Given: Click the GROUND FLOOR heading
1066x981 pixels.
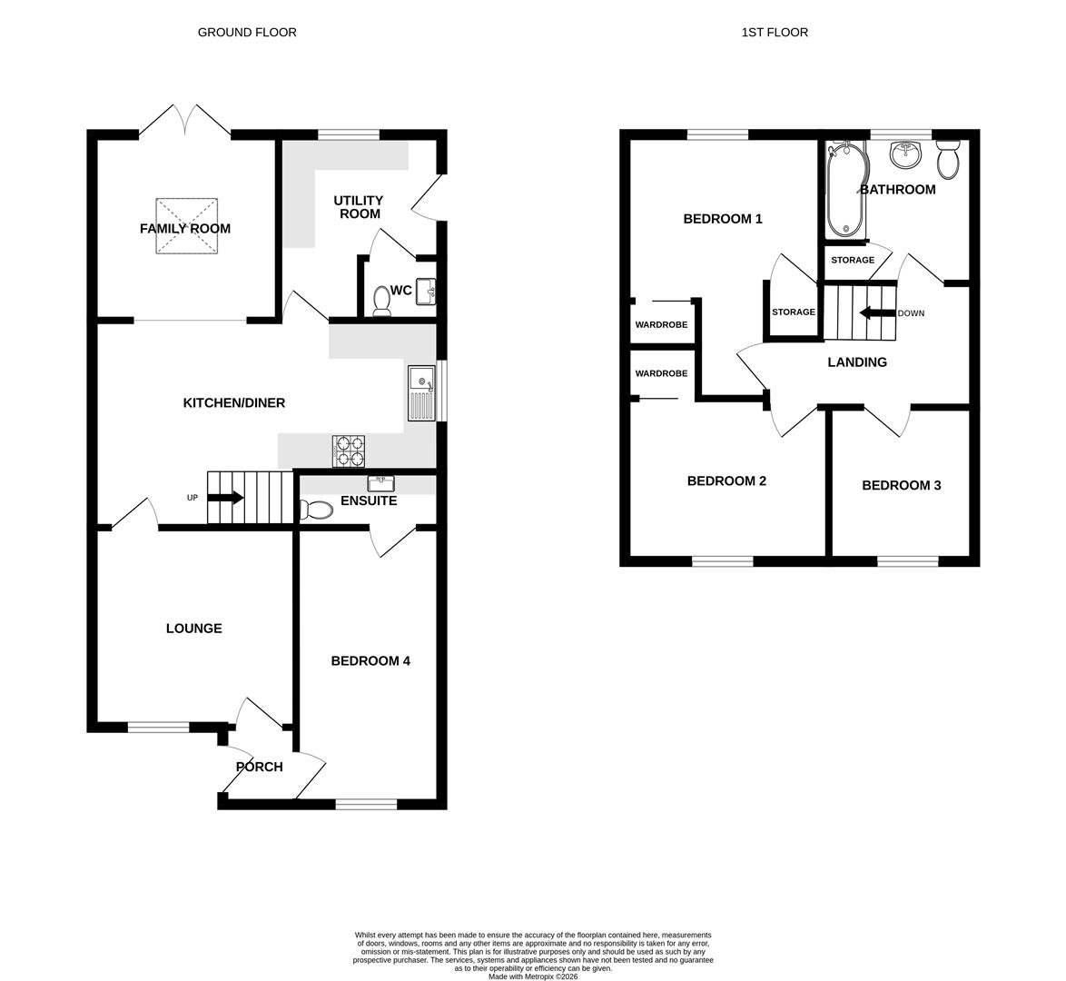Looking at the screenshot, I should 247,32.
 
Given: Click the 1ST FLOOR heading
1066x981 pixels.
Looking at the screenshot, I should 775,32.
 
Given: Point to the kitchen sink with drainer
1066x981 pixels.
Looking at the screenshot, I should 421,392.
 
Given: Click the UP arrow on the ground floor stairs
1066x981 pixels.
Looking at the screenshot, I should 225,498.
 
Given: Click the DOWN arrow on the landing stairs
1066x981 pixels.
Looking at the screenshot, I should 877,313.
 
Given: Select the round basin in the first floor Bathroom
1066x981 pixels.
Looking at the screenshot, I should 905,155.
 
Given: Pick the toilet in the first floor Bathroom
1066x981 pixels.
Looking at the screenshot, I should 948,161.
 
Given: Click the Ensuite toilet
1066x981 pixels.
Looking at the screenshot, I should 316,510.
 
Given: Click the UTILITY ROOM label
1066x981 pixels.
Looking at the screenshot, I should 358,207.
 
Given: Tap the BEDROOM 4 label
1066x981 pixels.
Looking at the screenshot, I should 370,660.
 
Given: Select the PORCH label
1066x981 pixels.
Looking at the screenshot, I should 260,767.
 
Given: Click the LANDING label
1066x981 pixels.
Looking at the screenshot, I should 857,362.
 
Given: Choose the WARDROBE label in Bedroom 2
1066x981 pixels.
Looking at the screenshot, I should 661,373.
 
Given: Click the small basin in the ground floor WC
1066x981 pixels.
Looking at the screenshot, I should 427,292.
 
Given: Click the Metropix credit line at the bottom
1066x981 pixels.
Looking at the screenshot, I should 533,976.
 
